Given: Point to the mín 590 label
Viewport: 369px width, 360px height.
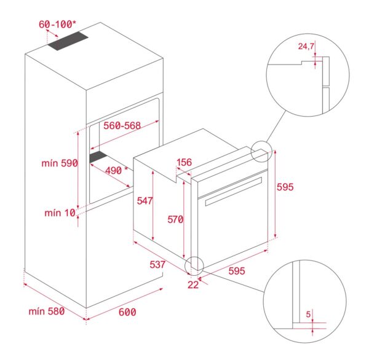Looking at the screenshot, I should pyautogui.click(x=58, y=163).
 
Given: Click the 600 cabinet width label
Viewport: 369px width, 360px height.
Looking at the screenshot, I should pyautogui.click(x=127, y=312).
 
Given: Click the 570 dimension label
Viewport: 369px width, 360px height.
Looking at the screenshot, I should pyautogui.click(x=176, y=219).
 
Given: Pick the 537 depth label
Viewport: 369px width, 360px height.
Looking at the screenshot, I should pyautogui.click(x=158, y=265).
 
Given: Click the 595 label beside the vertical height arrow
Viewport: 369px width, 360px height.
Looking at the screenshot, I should pyautogui.click(x=293, y=186).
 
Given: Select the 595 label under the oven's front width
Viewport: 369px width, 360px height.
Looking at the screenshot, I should pyautogui.click(x=237, y=271).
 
